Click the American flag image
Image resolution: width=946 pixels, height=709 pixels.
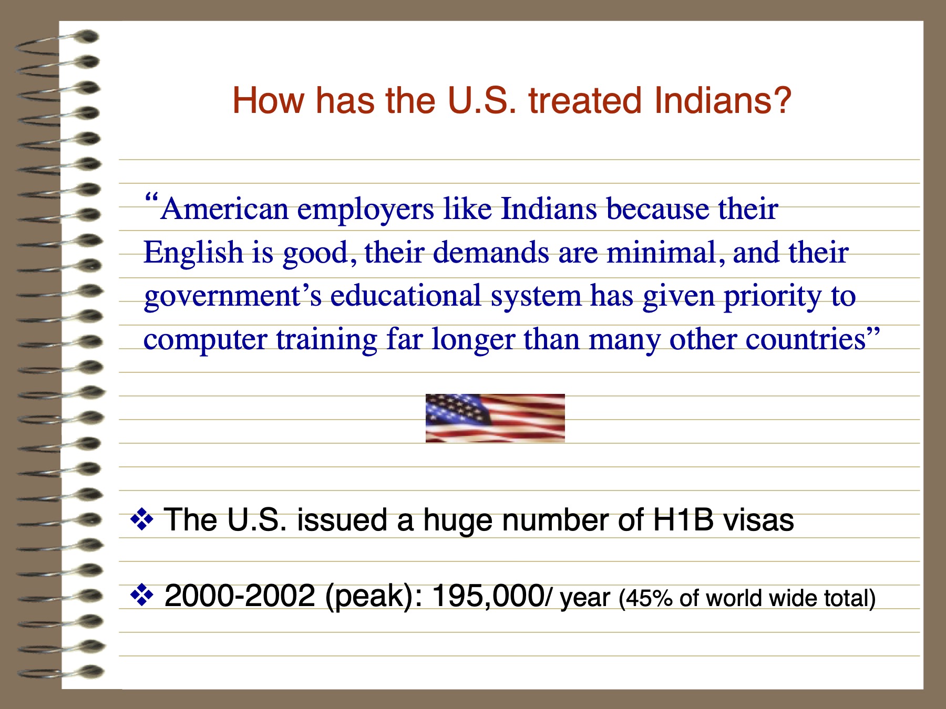point(495,418)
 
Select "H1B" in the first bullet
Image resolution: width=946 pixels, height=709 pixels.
point(683,520)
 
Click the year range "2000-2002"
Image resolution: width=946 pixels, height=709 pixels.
point(240,596)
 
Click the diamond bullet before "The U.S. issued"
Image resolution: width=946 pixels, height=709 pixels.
point(142,520)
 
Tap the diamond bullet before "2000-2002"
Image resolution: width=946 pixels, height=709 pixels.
point(142,596)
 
